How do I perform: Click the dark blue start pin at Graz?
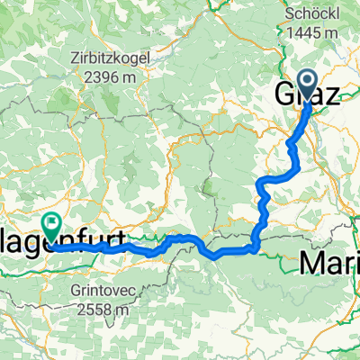(307, 85)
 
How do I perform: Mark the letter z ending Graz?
(333, 94)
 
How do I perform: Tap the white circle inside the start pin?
(307, 83)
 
